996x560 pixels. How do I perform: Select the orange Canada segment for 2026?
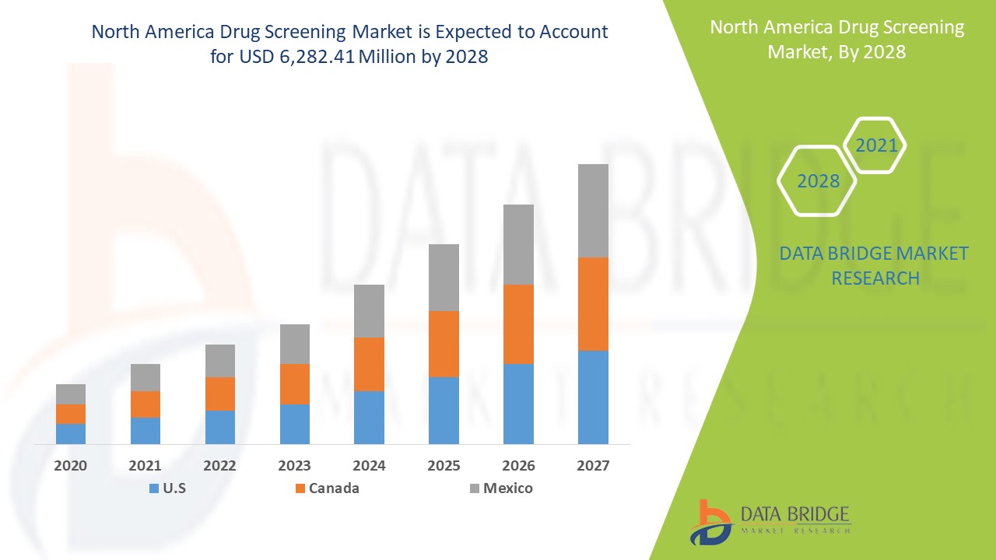click(x=518, y=324)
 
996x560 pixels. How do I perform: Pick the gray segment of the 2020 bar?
click(x=71, y=394)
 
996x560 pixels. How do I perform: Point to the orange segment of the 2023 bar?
click(x=295, y=383)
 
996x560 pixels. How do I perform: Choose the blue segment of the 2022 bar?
click(x=220, y=427)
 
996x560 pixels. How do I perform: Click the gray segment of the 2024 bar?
click(x=369, y=310)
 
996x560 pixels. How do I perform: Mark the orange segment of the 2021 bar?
click(x=146, y=404)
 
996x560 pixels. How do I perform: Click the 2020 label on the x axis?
click(x=71, y=466)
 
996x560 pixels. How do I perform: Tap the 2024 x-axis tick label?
click(x=369, y=466)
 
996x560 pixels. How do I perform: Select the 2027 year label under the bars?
click(x=593, y=466)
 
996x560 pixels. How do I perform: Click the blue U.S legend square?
click(x=153, y=489)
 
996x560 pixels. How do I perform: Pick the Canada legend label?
click(x=334, y=488)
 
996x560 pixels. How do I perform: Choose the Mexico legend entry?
click(x=507, y=488)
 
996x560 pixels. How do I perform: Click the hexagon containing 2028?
click(x=817, y=180)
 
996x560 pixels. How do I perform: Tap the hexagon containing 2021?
click(x=875, y=145)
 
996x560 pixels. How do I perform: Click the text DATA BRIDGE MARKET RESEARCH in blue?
click(x=875, y=265)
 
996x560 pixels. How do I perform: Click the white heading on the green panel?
click(x=836, y=40)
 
